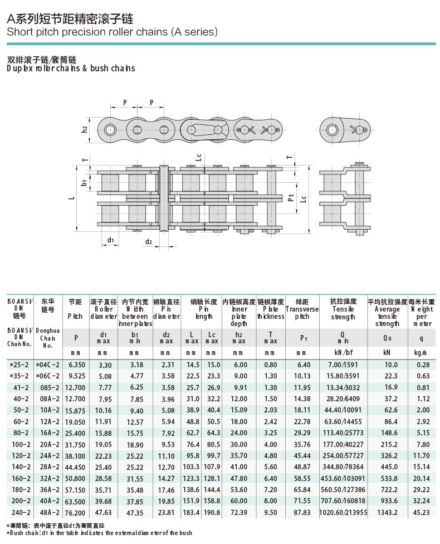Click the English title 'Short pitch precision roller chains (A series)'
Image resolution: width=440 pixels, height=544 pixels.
pyautogui.click(x=112, y=32)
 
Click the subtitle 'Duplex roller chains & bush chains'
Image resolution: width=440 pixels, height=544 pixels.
pyautogui.click(x=71, y=68)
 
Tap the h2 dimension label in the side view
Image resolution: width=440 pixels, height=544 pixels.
pyautogui.click(x=84, y=129)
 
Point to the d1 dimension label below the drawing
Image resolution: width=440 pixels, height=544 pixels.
pyautogui.click(x=110, y=240)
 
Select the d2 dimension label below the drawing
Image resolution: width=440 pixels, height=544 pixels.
pyautogui.click(x=148, y=241)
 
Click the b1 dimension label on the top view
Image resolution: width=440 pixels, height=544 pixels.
pyautogui.click(x=84, y=182)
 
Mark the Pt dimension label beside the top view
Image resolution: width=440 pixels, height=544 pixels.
pyautogui.click(x=291, y=198)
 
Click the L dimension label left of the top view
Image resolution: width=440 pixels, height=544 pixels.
pyautogui.click(x=71, y=198)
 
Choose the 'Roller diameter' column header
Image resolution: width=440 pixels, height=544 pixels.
pyautogui.click(x=104, y=313)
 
